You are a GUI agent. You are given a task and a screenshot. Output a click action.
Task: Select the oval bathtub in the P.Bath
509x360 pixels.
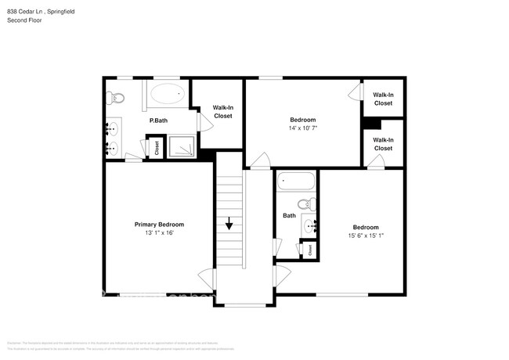coord(167,95)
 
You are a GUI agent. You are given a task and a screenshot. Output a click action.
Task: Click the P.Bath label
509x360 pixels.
coord(158,121)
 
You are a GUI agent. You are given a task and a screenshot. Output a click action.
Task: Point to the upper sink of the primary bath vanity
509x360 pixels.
coord(113,128)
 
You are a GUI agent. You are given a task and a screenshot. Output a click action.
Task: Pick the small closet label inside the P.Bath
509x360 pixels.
coord(156,147)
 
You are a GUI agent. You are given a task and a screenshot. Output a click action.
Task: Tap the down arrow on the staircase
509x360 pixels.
coord(229,224)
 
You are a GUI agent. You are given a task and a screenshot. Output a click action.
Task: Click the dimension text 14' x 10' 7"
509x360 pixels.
coord(302,128)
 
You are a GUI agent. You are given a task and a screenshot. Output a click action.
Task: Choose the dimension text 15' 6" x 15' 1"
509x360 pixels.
coord(366,235)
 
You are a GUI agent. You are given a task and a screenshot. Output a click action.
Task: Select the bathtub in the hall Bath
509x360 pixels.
coord(298,182)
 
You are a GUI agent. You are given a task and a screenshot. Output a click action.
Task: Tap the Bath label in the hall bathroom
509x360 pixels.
coord(289,215)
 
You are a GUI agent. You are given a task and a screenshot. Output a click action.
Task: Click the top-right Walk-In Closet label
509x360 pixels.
coord(383,99)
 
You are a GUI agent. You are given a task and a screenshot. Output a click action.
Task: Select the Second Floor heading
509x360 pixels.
coord(24,20)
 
